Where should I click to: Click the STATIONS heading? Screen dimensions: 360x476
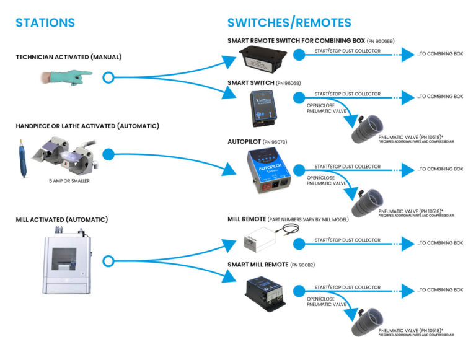45,23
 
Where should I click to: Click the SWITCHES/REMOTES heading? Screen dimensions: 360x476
289,23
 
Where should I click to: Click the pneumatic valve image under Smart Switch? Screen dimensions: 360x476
366,126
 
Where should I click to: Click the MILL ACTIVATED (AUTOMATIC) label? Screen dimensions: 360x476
62,219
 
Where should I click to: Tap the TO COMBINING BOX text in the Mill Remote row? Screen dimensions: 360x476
440,243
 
